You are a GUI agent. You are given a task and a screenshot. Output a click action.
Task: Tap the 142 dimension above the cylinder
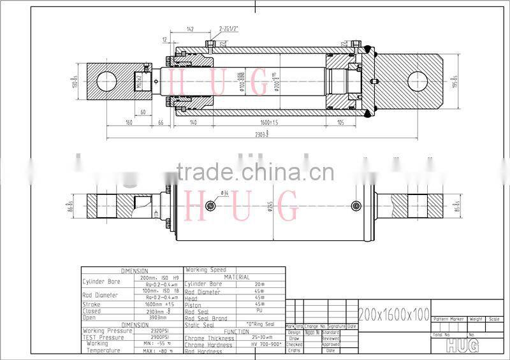(191, 29)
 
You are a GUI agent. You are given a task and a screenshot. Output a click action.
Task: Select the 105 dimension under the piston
(340, 122)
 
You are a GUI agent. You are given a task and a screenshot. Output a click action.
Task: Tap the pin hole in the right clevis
(417, 82)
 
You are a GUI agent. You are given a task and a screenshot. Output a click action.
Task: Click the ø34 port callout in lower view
(224, 193)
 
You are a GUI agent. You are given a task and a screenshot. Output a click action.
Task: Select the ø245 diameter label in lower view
(270, 208)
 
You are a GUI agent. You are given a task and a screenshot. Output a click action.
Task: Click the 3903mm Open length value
(157, 317)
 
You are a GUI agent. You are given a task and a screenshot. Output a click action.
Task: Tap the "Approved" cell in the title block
(331, 344)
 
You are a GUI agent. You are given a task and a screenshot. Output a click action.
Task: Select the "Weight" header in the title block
(476, 318)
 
